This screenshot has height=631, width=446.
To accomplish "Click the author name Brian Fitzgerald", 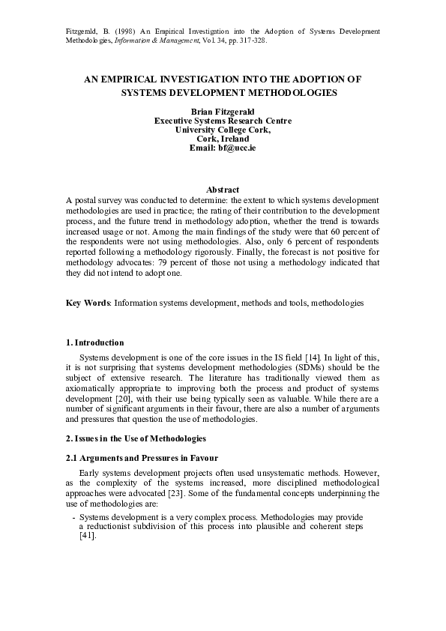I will [223, 112].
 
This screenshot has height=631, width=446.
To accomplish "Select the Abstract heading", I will [223, 190].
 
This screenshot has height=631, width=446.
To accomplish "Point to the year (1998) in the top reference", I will [128, 31].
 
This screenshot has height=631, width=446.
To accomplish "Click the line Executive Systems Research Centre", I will [223, 121].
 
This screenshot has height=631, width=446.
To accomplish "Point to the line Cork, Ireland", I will [223, 139].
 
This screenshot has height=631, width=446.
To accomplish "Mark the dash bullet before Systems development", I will [73, 518].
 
